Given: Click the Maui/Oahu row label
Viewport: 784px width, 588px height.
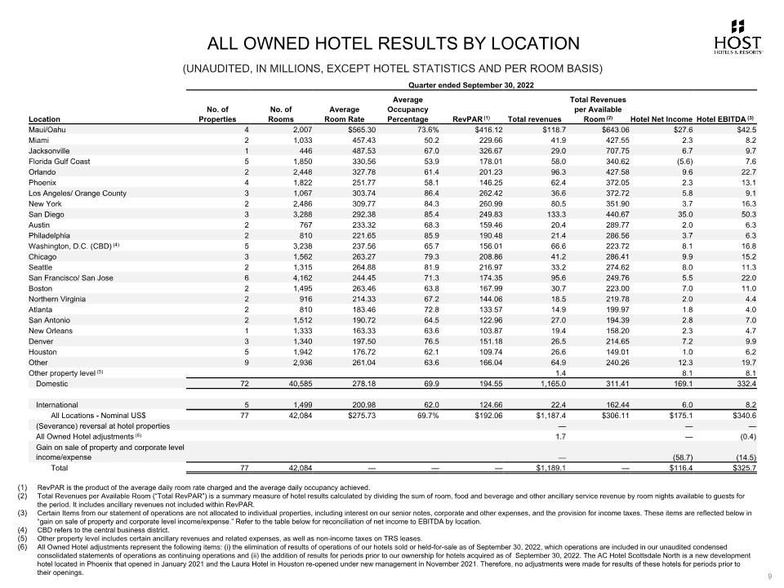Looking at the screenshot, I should click(47, 129).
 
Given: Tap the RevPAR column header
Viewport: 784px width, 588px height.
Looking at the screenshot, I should click(470, 118).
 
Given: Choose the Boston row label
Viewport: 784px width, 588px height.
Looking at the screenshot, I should click(40, 288).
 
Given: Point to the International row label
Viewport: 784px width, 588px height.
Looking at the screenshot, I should click(57, 404).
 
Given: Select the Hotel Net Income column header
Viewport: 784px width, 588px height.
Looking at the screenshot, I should click(661, 119).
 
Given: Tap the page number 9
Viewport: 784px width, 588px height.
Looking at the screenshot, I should click(770, 577).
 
